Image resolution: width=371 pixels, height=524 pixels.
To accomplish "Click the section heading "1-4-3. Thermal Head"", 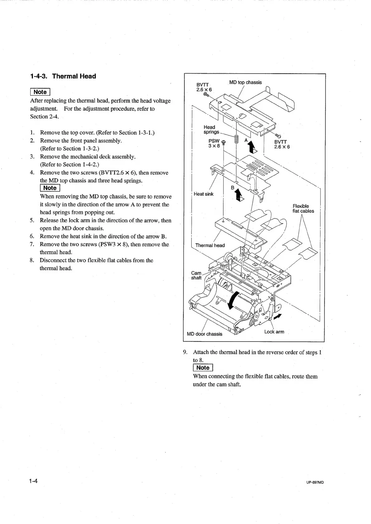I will click(x=63, y=76).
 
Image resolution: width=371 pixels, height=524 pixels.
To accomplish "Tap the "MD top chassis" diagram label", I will click(x=245, y=82).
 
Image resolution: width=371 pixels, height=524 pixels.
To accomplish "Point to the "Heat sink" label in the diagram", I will click(x=204, y=194).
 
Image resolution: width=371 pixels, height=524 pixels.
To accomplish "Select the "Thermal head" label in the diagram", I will click(x=210, y=245).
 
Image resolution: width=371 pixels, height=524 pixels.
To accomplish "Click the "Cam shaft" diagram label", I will click(x=196, y=275).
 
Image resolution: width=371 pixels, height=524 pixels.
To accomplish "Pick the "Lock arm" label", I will click(x=274, y=332).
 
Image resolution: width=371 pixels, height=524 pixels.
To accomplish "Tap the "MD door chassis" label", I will click(x=205, y=334).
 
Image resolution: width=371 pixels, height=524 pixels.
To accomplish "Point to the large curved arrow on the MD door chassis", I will click(x=233, y=300).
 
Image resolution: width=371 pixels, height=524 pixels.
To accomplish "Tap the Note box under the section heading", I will click(x=40, y=92).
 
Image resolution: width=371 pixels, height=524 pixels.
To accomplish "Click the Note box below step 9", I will click(x=203, y=368).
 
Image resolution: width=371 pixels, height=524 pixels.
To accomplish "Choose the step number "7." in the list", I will click(x=32, y=244).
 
